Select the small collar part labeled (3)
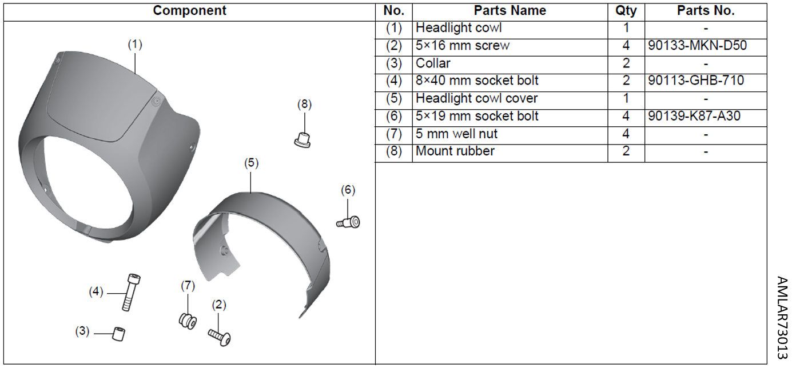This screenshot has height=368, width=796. pyautogui.click(x=120, y=334)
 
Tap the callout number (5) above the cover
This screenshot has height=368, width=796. pyautogui.click(x=251, y=163)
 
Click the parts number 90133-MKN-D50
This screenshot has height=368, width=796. pyautogui.click(x=697, y=46)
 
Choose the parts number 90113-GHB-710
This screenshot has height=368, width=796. pyautogui.click(x=696, y=81)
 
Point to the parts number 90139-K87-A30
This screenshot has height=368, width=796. pyautogui.click(x=694, y=116)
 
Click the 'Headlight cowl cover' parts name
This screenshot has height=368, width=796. pyautogui.click(x=476, y=98)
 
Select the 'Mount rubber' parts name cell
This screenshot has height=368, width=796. pyautogui.click(x=455, y=151)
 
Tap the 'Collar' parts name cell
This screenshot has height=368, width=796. pyautogui.click(x=433, y=63)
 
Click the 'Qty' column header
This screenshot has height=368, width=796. pyautogui.click(x=626, y=11)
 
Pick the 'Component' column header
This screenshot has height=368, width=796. pyautogui.click(x=189, y=11)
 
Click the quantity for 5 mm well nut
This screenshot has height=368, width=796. pyautogui.click(x=626, y=134)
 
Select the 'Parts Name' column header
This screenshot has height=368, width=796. pyautogui.click(x=510, y=11)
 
